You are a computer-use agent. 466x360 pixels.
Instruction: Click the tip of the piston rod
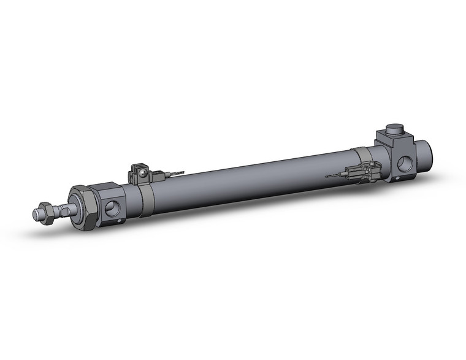tap(36, 214)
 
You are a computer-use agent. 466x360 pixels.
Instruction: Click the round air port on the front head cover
tap(114, 209)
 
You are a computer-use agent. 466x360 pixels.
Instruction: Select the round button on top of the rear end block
tap(393, 133)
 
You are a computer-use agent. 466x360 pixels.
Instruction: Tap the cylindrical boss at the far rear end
tap(427, 153)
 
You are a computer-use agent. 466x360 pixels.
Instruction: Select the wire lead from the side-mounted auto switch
tap(334, 175)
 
